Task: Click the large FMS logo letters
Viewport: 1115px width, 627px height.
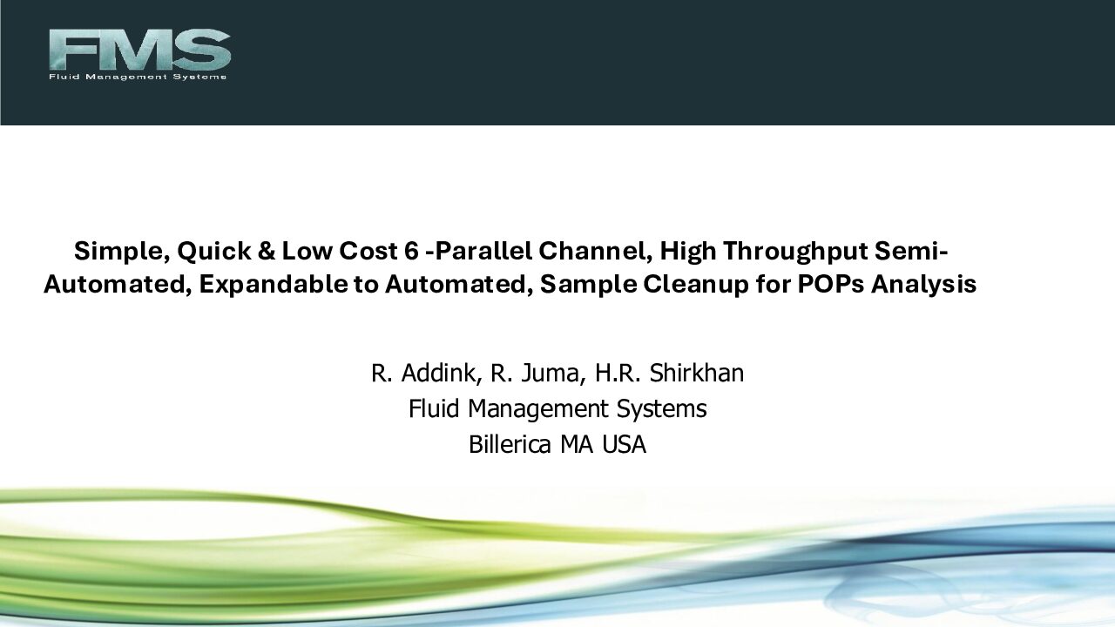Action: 140,50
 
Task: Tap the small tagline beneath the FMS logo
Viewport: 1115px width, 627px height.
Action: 138,77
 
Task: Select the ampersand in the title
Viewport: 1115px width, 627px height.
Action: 267,251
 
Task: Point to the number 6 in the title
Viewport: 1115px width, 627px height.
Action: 412,251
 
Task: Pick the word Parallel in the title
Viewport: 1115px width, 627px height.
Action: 478,251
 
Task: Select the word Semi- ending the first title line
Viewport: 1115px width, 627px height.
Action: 911,251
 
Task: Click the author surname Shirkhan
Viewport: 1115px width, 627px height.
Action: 696,373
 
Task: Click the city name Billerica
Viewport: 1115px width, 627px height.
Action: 510,444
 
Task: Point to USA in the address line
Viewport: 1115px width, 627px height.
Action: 625,445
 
